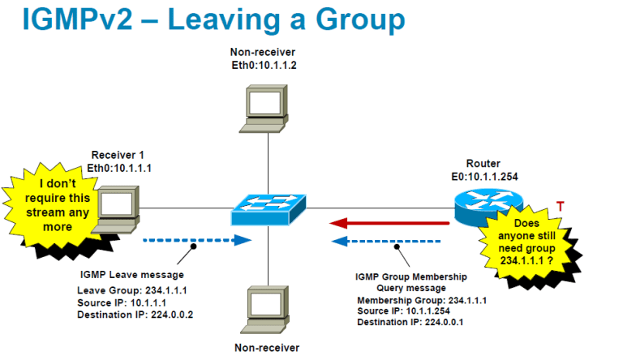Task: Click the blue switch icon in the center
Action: click(269, 209)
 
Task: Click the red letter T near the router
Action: click(560, 207)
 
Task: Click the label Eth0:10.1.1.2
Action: click(265, 64)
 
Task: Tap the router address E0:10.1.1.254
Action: click(489, 175)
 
